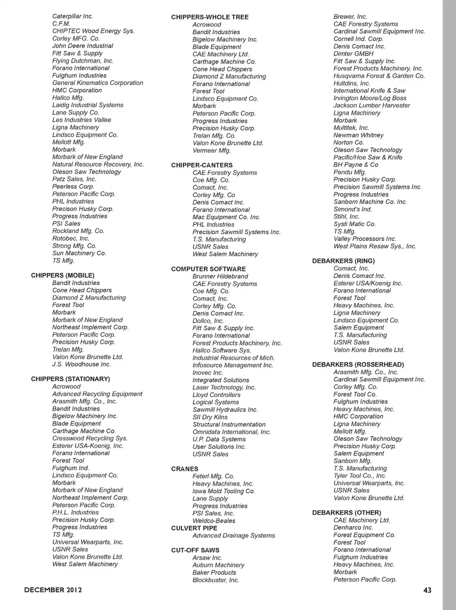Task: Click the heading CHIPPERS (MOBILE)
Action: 63,276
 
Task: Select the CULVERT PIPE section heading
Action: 194,528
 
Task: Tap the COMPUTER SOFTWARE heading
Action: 209,269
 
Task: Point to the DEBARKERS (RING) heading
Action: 343,261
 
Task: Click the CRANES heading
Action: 185,469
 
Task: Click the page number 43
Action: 427,590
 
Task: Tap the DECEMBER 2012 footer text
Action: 53,590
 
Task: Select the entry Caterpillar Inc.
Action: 73,16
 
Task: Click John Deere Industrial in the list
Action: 83,46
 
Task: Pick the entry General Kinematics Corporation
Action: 97,83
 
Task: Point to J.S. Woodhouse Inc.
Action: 81,364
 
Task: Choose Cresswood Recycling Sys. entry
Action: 90,438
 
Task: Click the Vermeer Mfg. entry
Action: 211,151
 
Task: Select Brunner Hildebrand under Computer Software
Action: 220,276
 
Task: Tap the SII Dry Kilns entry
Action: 210,417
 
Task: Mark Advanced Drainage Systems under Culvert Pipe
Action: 234,535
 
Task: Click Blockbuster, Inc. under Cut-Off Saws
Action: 216,580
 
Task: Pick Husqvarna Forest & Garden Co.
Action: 379,76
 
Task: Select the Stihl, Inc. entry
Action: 346,217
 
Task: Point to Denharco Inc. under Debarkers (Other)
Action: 353,528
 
